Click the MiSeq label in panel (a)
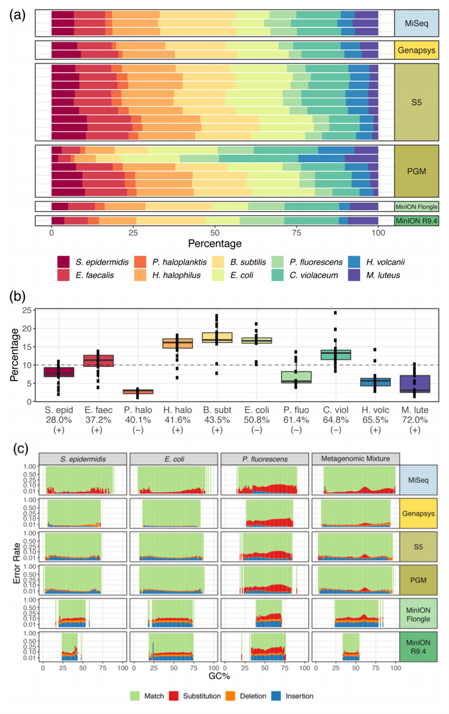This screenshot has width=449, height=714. point(416,23)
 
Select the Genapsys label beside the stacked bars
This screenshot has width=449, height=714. point(416,50)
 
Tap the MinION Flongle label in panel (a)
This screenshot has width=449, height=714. point(416,207)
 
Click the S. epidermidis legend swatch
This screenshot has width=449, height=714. point(63,262)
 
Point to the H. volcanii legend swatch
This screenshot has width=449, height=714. point(353,262)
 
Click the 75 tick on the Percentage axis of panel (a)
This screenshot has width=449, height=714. point(297,233)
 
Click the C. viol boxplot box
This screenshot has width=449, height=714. point(336,354)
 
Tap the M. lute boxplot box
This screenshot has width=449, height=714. point(414,384)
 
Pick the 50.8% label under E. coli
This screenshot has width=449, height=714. point(257,420)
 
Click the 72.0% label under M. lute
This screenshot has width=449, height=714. point(414,420)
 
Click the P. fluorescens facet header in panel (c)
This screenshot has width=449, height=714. point(265,459)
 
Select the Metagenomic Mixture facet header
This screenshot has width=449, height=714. point(355,459)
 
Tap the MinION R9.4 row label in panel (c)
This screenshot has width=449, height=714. point(418,646)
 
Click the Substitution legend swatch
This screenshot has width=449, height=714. point(174,696)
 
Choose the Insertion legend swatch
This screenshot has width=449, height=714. point(276,696)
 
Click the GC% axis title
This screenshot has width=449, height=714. point(219,676)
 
